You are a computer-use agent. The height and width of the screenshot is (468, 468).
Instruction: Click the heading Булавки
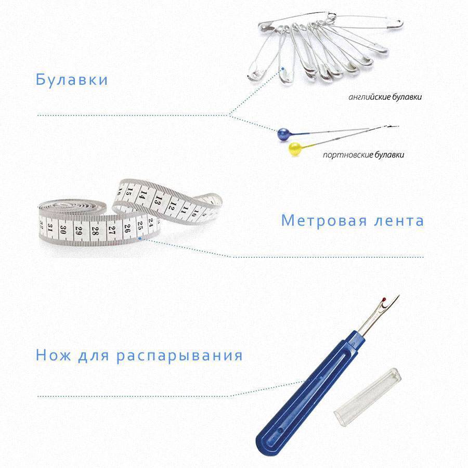click(x=72, y=80)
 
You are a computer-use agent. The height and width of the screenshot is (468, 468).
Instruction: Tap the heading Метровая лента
click(x=353, y=221)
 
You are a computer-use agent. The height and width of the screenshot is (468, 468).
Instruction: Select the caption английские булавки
click(x=385, y=97)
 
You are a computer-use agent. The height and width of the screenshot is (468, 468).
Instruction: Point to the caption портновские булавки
click(x=363, y=155)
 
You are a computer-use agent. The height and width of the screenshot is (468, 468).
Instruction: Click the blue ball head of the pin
click(x=283, y=134)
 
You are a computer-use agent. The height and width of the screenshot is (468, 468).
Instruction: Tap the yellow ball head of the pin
click(x=295, y=149)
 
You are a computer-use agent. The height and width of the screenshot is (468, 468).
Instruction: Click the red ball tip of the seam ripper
click(x=384, y=299)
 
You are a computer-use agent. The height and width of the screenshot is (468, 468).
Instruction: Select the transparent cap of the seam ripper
click(x=367, y=395)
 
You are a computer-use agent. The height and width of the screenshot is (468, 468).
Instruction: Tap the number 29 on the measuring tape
click(x=79, y=230)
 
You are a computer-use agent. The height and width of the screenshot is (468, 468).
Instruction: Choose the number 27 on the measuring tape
click(x=111, y=230)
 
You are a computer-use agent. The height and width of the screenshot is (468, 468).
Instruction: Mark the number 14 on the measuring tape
click(x=143, y=195)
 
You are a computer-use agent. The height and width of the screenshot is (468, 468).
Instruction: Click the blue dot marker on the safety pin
click(x=282, y=69)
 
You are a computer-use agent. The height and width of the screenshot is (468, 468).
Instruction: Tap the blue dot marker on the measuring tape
click(x=139, y=239)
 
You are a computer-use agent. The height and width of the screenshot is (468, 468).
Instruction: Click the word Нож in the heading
click(x=54, y=355)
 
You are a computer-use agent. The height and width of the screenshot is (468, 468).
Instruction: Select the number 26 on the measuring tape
click(x=127, y=228)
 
